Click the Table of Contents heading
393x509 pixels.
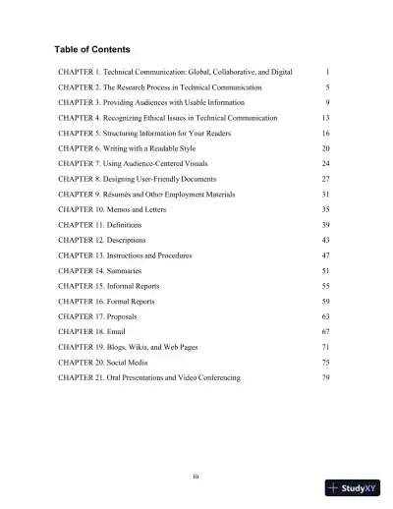pyautogui.click(x=94, y=49)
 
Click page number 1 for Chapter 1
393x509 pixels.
pyautogui.click(x=327, y=73)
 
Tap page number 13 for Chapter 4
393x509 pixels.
pyautogui.click(x=325, y=118)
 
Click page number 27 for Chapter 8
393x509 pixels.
pyautogui.click(x=325, y=179)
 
